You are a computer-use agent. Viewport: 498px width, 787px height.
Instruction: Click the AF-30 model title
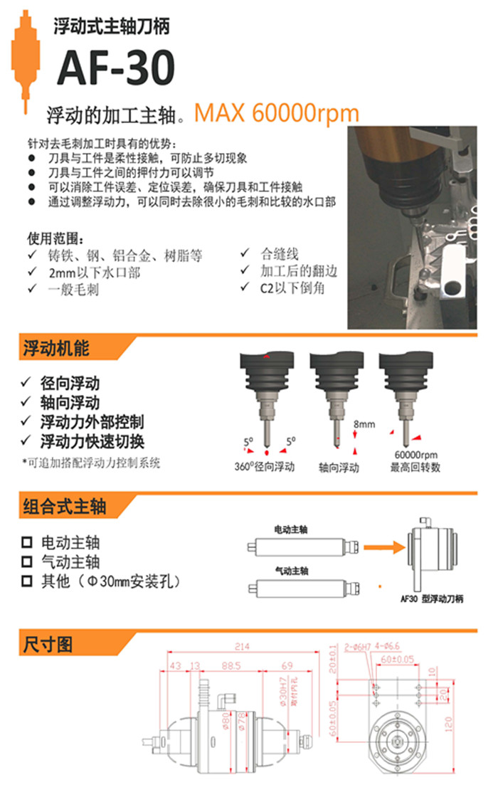(115, 69)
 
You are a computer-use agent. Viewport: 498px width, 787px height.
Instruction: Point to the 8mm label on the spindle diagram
(364, 425)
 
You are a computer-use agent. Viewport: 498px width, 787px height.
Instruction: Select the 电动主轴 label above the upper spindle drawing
(291, 529)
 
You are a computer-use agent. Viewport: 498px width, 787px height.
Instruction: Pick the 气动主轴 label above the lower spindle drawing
(291, 571)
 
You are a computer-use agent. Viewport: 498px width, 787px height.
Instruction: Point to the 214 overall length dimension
(242, 646)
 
